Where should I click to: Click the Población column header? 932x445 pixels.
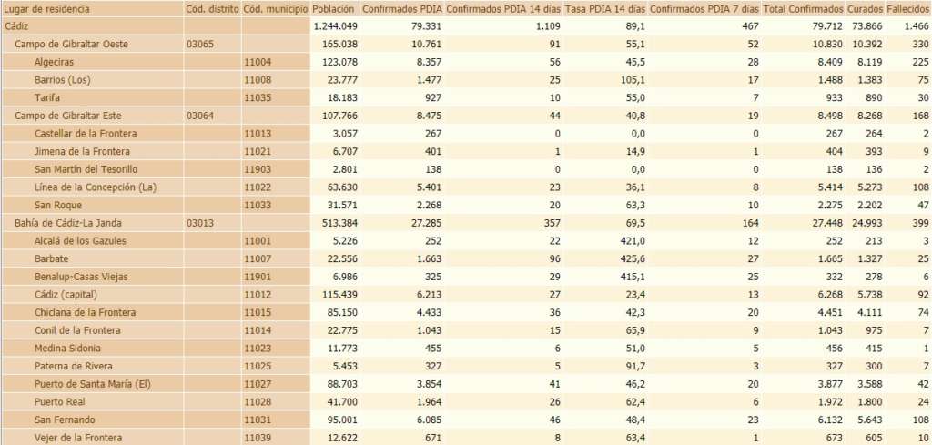(333, 8)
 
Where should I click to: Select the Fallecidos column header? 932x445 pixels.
(907, 8)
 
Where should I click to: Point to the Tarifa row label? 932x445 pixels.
(48, 97)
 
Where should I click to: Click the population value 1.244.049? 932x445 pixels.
(331, 26)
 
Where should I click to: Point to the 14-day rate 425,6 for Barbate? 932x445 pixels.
(629, 258)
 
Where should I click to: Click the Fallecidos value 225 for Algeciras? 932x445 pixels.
(918, 62)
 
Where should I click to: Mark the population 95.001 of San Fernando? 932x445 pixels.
(337, 420)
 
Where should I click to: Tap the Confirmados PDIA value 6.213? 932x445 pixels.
(425, 295)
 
